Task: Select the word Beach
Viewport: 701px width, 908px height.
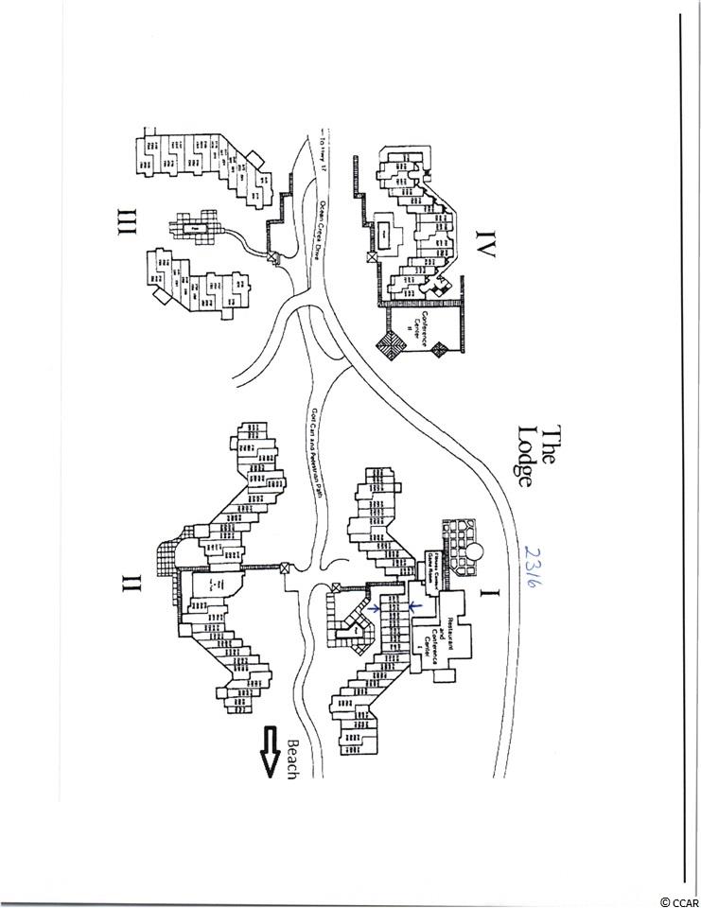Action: [x=292, y=758]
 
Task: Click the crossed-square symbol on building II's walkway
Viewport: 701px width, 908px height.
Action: [x=286, y=567]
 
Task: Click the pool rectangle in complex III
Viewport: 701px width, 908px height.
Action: [x=195, y=228]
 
